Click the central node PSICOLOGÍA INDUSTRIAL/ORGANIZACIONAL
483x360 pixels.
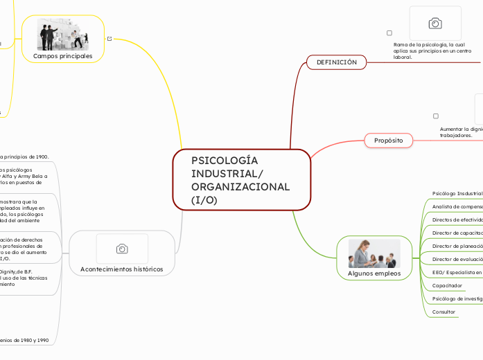(240, 179)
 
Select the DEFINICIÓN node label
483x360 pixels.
(336, 62)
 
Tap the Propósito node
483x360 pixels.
(389, 141)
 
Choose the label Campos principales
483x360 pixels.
(63, 56)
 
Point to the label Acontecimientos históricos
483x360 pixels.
(122, 269)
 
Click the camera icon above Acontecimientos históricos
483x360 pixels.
(122, 249)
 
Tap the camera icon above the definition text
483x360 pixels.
(435, 24)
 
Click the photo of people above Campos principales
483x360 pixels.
(63, 35)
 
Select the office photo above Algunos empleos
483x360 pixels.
(374, 253)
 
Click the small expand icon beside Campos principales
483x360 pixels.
(110, 39)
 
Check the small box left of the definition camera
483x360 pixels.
(389, 33)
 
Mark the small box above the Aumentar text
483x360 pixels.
(436, 116)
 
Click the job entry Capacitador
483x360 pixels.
(447, 285)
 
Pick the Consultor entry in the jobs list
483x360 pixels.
(444, 312)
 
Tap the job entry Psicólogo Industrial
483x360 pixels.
(457, 193)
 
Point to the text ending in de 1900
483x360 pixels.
(24, 156)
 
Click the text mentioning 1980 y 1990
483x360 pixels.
(24, 340)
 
